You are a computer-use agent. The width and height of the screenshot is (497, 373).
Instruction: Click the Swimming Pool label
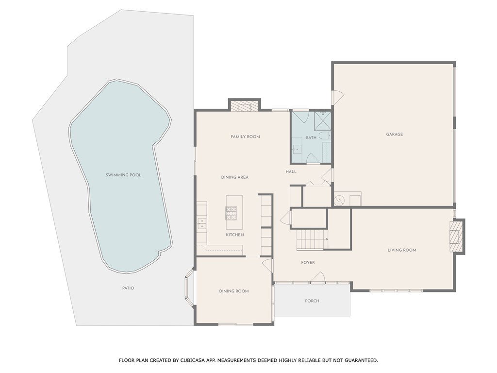(123, 175)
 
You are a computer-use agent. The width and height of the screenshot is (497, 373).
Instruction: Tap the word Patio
(128, 288)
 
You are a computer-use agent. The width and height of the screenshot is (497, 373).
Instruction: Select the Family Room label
(245, 136)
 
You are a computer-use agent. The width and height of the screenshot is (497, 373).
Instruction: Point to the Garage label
(394, 134)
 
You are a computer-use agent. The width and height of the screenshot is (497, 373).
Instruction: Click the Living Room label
(402, 250)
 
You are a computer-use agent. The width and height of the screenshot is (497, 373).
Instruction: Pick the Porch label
(312, 301)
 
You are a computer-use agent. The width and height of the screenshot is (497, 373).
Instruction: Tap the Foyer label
(308, 262)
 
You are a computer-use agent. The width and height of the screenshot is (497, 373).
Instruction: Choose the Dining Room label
(234, 291)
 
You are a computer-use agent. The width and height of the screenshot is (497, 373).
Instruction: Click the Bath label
(311, 137)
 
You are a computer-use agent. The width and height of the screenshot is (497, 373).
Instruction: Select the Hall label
(291, 171)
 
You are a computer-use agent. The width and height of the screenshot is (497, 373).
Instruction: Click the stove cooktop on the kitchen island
(231, 213)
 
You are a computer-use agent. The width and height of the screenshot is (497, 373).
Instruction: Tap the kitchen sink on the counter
(201, 223)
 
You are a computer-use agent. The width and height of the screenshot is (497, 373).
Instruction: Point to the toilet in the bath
(325, 136)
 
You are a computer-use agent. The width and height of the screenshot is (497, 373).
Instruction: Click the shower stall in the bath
(323, 120)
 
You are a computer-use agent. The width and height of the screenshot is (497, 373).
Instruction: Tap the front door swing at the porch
(317, 277)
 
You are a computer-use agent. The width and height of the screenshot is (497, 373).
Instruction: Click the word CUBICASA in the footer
(194, 360)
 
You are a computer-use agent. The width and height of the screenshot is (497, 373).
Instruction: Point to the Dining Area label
(235, 177)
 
